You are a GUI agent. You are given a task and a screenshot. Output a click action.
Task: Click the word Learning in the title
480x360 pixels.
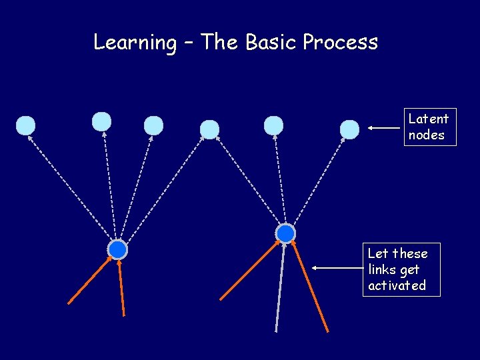[134, 43]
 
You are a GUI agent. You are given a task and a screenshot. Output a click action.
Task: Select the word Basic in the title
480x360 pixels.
[271, 43]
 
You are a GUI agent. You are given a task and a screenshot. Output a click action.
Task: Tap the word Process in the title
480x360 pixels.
[340, 43]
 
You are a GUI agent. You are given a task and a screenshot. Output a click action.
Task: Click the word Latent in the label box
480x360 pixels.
[429, 119]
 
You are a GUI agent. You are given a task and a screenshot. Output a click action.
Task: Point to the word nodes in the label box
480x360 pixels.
[427, 135]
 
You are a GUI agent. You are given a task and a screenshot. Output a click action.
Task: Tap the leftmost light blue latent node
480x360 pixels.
[25, 125]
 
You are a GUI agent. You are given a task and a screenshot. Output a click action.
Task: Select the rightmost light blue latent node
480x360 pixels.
[349, 129]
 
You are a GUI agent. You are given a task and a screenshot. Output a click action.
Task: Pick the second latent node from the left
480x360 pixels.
[101, 121]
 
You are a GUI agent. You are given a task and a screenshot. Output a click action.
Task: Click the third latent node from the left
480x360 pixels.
[153, 125]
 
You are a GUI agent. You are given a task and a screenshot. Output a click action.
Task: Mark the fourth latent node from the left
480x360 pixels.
[209, 129]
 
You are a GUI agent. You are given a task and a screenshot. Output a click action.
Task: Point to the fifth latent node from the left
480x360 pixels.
[273, 125]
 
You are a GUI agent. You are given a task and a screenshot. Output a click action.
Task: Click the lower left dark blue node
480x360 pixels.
[117, 249]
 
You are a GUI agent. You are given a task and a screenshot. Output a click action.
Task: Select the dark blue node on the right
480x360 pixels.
[285, 233]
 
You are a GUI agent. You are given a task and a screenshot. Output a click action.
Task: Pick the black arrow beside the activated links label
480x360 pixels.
[337, 268]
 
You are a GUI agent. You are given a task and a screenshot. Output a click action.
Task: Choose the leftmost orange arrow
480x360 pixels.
[90, 280]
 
